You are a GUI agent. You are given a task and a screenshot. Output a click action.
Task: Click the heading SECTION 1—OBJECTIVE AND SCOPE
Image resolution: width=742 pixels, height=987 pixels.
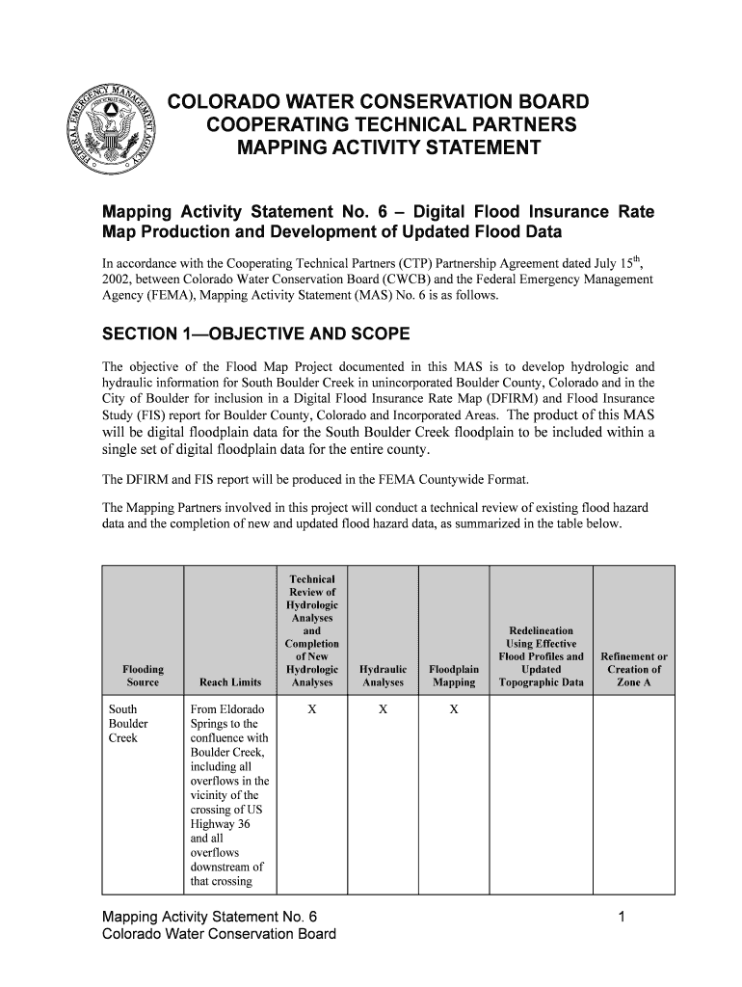(256, 334)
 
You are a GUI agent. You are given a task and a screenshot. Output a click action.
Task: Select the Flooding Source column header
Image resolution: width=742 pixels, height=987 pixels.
(143, 676)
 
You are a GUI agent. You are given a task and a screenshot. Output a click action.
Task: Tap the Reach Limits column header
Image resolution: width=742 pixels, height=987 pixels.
(230, 682)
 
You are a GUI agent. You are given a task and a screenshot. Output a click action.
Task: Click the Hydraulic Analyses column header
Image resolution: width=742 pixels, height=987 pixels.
(383, 676)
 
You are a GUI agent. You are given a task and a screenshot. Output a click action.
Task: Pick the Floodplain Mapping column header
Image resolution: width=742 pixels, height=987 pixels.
(454, 676)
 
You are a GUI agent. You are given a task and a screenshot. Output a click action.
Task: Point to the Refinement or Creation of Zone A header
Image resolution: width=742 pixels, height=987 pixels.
(634, 670)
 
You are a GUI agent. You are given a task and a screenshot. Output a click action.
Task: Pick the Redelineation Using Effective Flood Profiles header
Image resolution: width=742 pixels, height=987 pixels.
(541, 656)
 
